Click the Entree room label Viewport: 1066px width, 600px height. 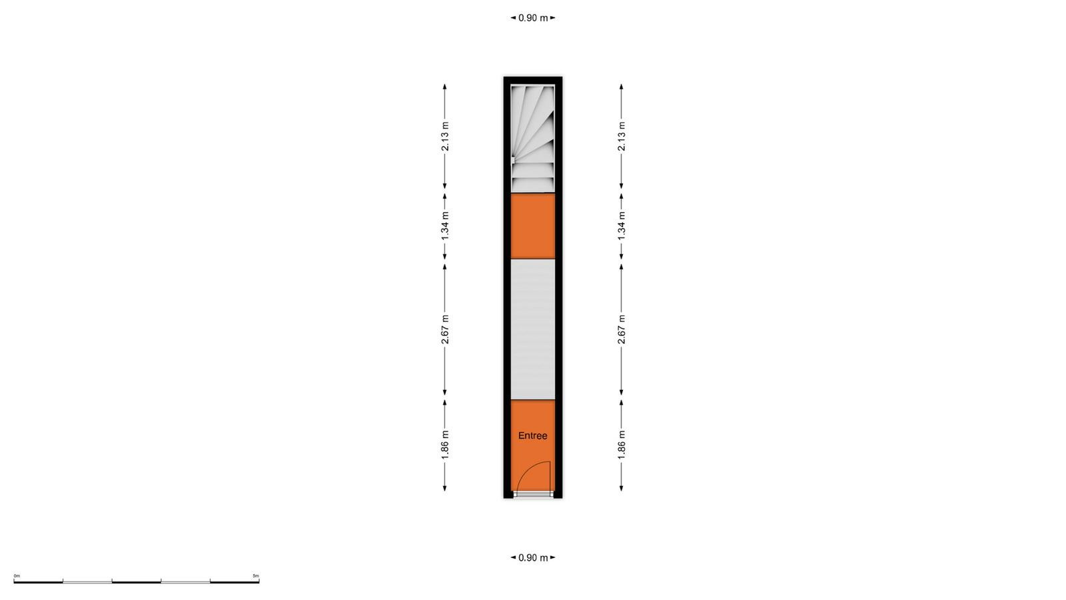[532, 436]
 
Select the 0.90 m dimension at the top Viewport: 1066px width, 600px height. [533, 18]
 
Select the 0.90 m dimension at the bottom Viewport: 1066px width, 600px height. [533, 557]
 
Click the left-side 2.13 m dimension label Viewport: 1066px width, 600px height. [445, 136]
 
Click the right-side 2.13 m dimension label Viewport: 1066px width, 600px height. [622, 136]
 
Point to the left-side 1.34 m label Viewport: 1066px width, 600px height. [445, 226]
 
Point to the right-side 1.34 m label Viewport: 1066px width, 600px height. [622, 226]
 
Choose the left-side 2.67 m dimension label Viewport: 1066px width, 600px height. [445, 329]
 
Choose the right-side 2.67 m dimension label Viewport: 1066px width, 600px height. [622, 329]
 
